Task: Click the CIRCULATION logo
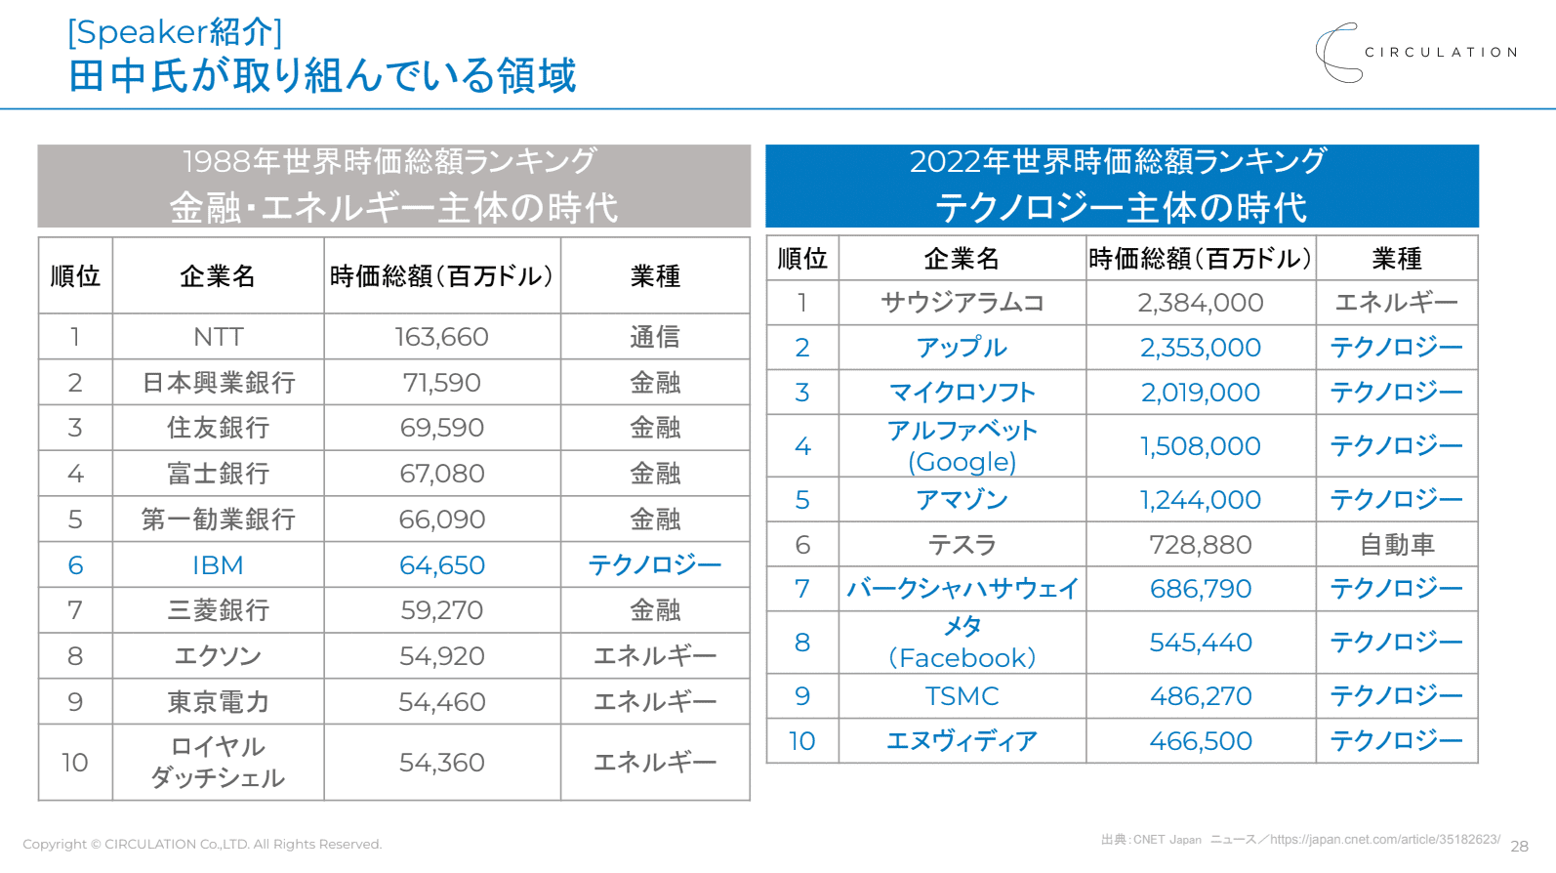click(1415, 53)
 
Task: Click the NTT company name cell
click(218, 337)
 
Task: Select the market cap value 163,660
click(441, 337)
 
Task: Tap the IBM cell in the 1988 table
click(218, 565)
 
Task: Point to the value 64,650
click(441, 565)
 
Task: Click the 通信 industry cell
click(654, 337)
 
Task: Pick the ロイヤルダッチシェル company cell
click(218, 763)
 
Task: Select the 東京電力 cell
click(218, 702)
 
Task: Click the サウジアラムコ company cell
click(962, 303)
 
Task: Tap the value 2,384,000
click(1200, 303)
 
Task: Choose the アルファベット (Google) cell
click(962, 446)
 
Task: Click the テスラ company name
click(962, 545)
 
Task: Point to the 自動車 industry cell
click(1396, 545)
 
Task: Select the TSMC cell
click(962, 696)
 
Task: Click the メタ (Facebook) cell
click(962, 643)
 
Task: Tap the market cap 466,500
click(1200, 741)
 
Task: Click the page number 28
click(1519, 847)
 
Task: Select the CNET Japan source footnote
click(1299, 840)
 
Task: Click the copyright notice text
click(202, 845)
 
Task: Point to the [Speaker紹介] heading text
click(175, 32)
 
